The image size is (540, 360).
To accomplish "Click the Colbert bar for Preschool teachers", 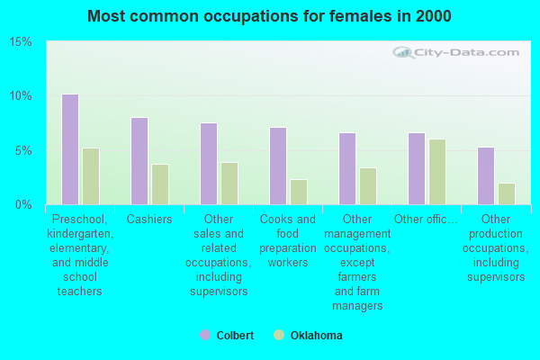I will pyautogui.click(x=70, y=149).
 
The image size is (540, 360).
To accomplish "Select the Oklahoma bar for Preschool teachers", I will pyautogui.click(x=91, y=176).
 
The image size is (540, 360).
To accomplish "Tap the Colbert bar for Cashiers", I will pyautogui.click(x=139, y=161).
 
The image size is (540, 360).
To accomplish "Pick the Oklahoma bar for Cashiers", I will pyautogui.click(x=160, y=184).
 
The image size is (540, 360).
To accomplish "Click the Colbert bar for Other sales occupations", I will pyautogui.click(x=209, y=164).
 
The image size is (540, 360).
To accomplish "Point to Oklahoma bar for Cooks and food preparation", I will pyautogui.click(x=299, y=192).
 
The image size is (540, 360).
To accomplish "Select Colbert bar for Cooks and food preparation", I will pyautogui.click(x=278, y=166).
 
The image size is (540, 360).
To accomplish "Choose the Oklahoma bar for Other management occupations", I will pyautogui.click(x=368, y=186).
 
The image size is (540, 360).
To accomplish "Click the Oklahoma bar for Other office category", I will pyautogui.click(x=437, y=172).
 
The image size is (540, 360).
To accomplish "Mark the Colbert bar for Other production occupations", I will pyautogui.click(x=486, y=175).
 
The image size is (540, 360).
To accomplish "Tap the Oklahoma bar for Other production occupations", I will pyautogui.click(x=507, y=193).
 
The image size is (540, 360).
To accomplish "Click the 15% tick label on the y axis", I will pyautogui.click(x=21, y=42).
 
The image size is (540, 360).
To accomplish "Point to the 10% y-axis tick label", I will pyautogui.click(x=21, y=96).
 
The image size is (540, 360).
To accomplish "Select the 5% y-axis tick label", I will pyautogui.click(x=24, y=150).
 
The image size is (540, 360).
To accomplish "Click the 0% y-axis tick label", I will pyautogui.click(x=24, y=204).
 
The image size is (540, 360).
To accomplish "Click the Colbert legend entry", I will pyautogui.click(x=227, y=336).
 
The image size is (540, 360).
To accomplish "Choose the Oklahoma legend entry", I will pyautogui.click(x=309, y=336).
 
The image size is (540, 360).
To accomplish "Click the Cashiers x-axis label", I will pyautogui.click(x=149, y=220).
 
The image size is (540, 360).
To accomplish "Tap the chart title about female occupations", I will pyautogui.click(x=270, y=16).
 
